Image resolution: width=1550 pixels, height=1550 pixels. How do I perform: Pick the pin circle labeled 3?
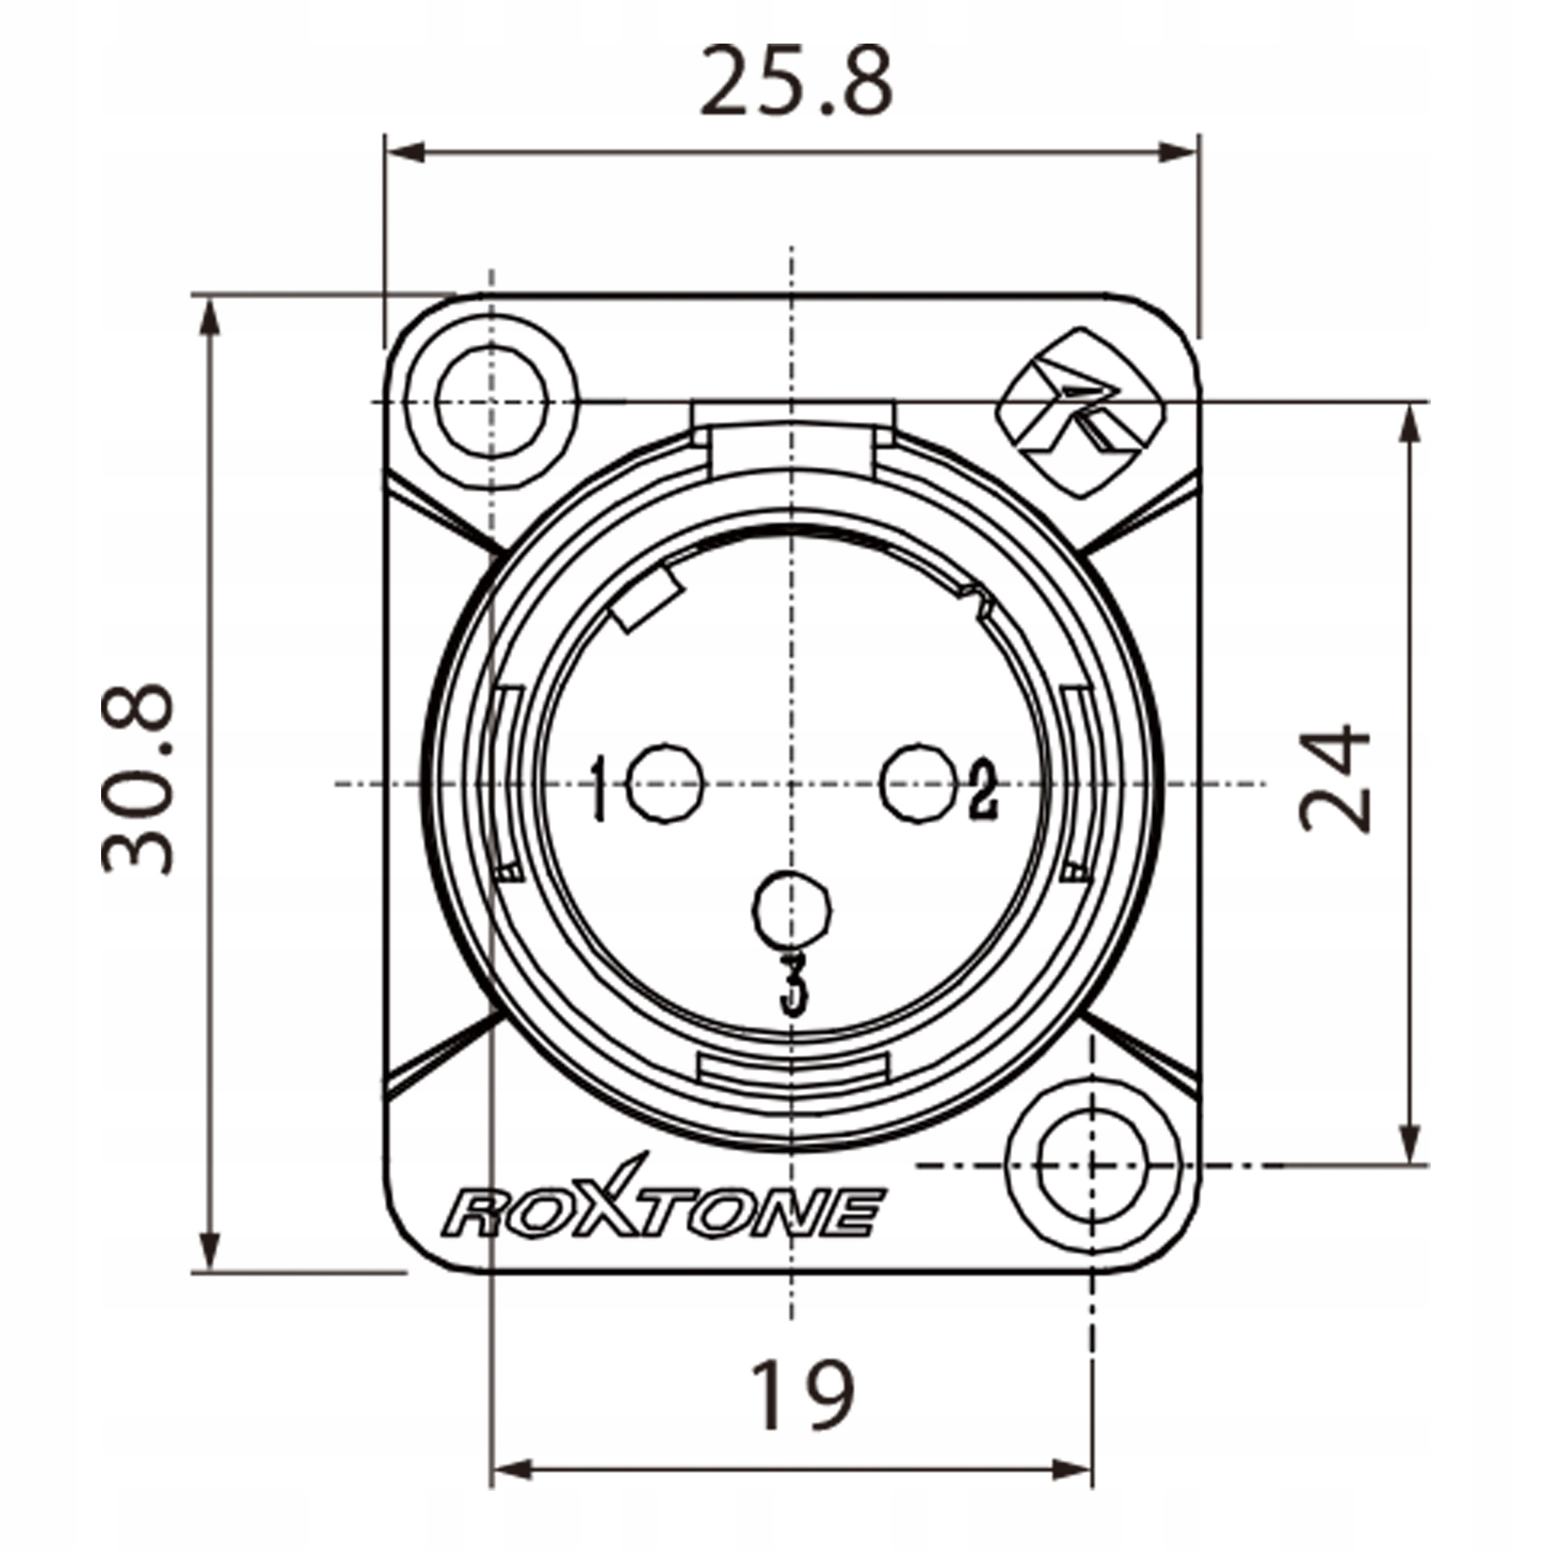coord(792,908)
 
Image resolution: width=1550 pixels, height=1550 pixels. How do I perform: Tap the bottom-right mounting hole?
coord(1092,1164)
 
